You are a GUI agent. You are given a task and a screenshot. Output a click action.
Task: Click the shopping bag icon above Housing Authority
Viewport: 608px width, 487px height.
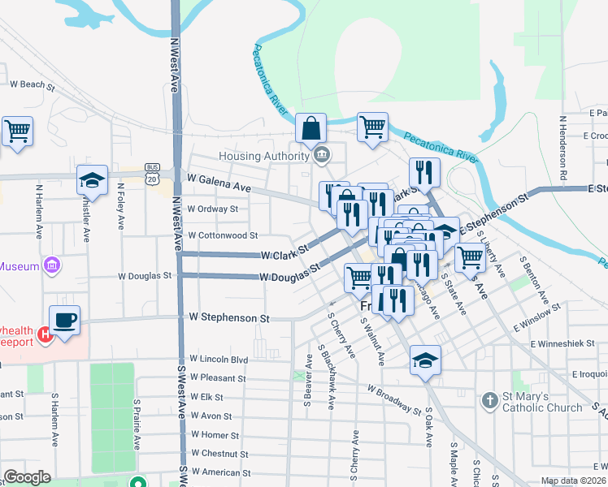(311, 128)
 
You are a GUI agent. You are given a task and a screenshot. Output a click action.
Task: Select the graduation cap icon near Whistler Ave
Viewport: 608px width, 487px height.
(93, 181)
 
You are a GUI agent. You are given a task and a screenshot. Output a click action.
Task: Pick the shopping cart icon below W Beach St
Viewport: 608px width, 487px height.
(18, 131)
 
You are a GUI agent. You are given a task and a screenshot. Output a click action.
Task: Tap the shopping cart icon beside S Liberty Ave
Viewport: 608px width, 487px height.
(470, 257)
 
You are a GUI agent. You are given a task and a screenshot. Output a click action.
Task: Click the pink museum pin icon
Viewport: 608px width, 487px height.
(53, 265)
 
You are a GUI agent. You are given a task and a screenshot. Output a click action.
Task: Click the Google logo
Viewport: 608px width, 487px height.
(27, 477)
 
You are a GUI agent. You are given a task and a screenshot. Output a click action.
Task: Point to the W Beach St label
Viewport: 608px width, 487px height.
(32, 84)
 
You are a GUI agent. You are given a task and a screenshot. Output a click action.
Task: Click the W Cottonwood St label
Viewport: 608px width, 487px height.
(222, 235)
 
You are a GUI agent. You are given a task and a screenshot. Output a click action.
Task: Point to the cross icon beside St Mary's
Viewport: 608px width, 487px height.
(489, 401)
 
